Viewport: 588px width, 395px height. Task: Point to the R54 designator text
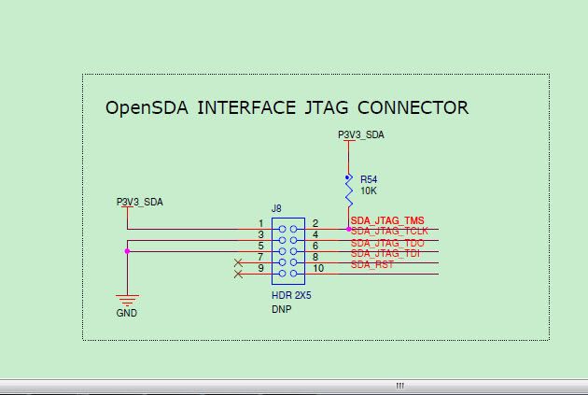(x=369, y=178)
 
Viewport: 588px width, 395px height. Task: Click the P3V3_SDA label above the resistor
(x=360, y=135)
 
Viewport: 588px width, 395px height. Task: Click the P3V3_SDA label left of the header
(x=139, y=202)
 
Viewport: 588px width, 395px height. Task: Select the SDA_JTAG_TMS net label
(x=387, y=221)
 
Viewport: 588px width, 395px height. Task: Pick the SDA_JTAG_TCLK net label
(x=389, y=231)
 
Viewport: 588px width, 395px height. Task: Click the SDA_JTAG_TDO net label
(x=387, y=243)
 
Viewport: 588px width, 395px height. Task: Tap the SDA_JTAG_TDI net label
(x=386, y=253)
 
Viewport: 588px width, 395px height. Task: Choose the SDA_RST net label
(x=371, y=264)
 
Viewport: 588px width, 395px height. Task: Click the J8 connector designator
(x=276, y=209)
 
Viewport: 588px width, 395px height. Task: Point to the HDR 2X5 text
(x=290, y=296)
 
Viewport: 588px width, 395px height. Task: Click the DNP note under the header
(x=282, y=309)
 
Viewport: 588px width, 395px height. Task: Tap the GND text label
(x=127, y=313)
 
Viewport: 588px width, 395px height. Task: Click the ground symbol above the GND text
(x=127, y=300)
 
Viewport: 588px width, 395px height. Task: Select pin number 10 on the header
(x=318, y=269)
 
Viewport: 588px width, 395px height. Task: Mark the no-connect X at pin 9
(x=238, y=274)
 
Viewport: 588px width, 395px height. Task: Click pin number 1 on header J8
(x=261, y=223)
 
